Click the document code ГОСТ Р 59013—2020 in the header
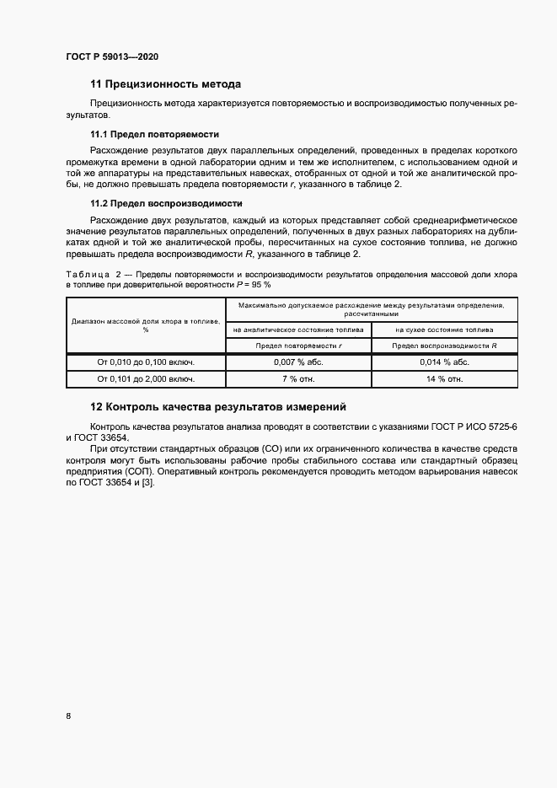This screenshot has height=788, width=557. (x=111, y=57)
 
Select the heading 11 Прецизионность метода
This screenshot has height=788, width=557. (x=165, y=84)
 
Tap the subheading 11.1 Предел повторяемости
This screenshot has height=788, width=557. (x=154, y=134)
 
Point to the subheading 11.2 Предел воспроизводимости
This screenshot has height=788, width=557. (x=166, y=203)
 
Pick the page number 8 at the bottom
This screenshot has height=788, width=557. (x=68, y=716)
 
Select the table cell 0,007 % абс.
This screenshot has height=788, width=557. (x=299, y=362)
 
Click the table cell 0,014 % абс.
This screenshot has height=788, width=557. (x=444, y=362)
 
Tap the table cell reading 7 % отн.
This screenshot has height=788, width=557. (x=299, y=379)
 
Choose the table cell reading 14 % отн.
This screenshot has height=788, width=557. (x=444, y=379)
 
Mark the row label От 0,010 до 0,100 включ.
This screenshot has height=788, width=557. (x=146, y=362)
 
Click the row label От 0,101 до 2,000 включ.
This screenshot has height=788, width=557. (x=146, y=379)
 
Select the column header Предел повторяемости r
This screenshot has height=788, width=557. (x=299, y=346)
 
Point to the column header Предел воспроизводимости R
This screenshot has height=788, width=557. (x=444, y=346)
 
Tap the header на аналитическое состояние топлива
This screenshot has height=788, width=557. (x=299, y=330)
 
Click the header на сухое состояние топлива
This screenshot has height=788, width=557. (x=444, y=330)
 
